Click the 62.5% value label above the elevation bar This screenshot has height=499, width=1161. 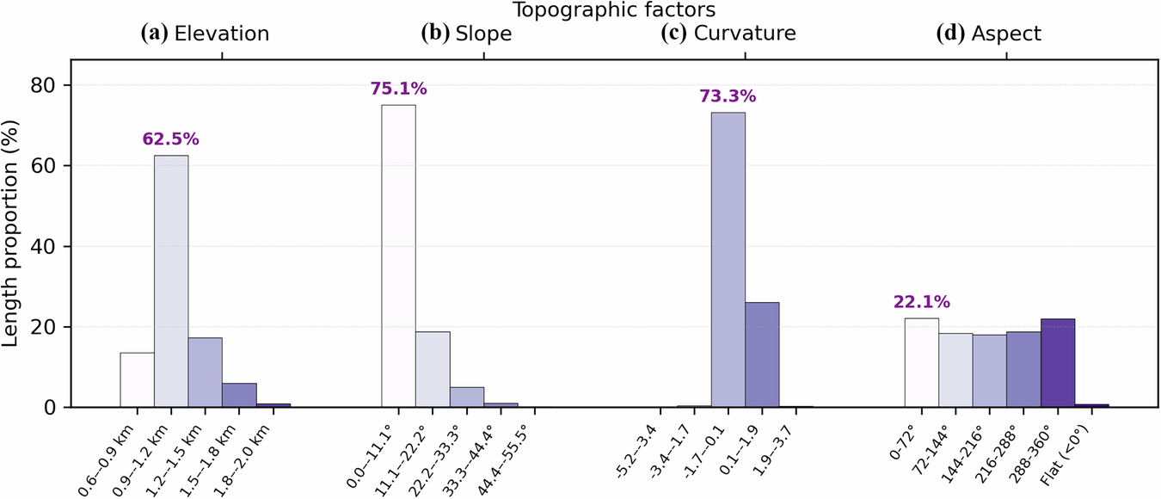click(170, 139)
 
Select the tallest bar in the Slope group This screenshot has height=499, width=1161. click(398, 256)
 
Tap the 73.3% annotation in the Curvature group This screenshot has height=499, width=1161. click(728, 95)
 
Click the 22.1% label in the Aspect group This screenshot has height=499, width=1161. click(921, 302)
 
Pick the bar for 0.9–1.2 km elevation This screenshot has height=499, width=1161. click(171, 281)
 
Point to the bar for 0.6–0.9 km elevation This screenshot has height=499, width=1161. click(137, 379)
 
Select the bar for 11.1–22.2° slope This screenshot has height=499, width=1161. click(433, 369)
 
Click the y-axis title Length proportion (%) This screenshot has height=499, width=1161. click(12, 245)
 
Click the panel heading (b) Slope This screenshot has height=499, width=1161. click(466, 34)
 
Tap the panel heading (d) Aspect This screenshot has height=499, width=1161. click(989, 34)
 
